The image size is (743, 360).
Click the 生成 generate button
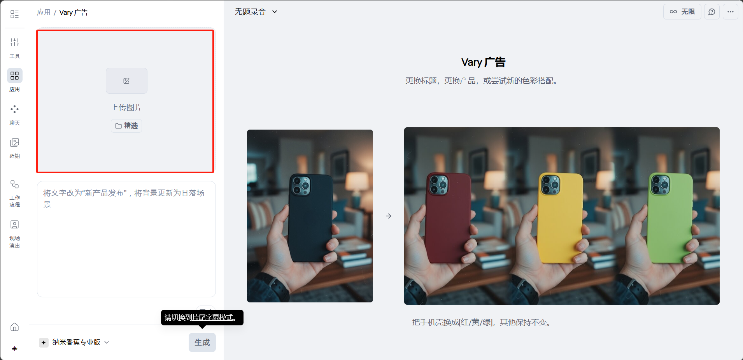pyautogui.click(x=202, y=342)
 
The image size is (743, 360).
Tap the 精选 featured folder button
pyautogui.click(x=126, y=126)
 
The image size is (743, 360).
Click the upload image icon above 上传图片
pyautogui.click(x=126, y=81)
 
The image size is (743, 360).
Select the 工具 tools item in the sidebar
pyautogui.click(x=15, y=48)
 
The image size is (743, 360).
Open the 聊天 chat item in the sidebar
pyautogui.click(x=15, y=115)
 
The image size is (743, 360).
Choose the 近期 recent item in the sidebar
pyautogui.click(x=15, y=148)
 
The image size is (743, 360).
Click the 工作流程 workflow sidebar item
pyautogui.click(x=15, y=193)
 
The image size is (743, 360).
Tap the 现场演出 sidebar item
pyautogui.click(x=15, y=234)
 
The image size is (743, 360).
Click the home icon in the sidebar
pyautogui.click(x=15, y=327)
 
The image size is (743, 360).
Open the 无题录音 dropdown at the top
pyautogui.click(x=256, y=12)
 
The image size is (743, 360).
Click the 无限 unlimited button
pyautogui.click(x=682, y=12)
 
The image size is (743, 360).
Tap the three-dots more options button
pyautogui.click(x=731, y=12)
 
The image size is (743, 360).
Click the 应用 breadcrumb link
pyautogui.click(x=44, y=12)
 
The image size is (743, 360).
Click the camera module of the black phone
pyautogui.click(x=301, y=185)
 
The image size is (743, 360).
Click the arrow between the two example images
pyautogui.click(x=389, y=216)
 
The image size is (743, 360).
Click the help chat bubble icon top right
pyautogui.click(x=712, y=12)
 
